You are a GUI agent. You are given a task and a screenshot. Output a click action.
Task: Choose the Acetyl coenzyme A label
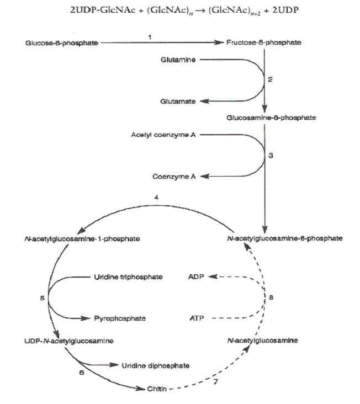point(163,135)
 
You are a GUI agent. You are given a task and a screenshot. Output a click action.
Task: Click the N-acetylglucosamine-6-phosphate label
point(284,238)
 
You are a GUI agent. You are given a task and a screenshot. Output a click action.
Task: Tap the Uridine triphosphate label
point(128,277)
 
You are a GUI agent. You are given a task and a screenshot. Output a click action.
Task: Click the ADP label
point(197,277)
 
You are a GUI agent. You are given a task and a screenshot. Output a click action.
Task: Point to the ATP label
point(197,318)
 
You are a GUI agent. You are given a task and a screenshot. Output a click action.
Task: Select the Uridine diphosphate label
point(156,365)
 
